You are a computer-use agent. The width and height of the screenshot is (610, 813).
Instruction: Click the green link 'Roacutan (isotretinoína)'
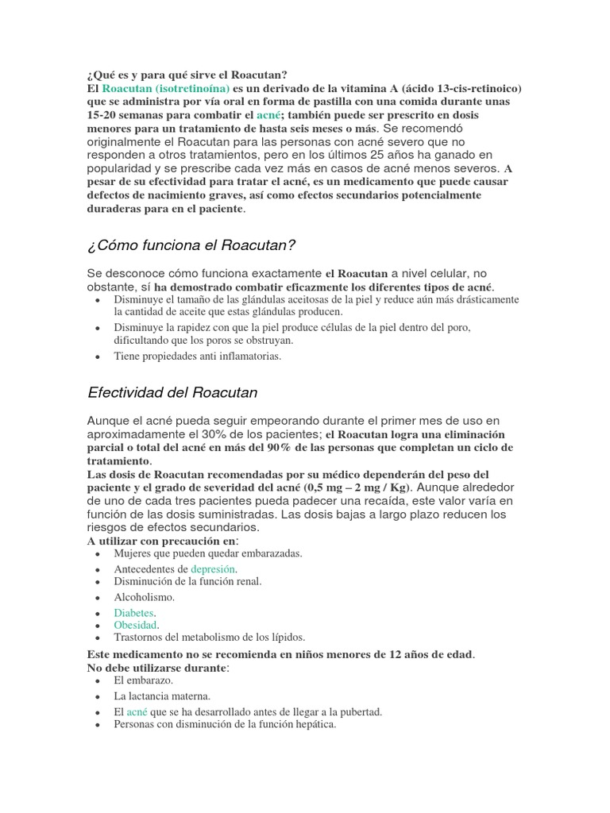(166, 88)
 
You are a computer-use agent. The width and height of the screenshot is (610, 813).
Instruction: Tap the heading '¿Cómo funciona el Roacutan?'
(191, 244)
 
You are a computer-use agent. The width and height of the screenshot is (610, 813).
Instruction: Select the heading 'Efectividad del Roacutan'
(172, 392)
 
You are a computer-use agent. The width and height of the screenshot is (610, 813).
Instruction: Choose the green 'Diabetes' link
(133, 613)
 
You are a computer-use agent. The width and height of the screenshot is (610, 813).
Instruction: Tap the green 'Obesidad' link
(135, 625)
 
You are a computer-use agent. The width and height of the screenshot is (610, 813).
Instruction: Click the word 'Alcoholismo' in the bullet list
(144, 596)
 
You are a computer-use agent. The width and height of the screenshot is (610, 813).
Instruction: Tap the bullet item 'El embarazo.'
(143, 680)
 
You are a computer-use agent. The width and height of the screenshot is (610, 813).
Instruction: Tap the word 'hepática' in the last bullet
(315, 724)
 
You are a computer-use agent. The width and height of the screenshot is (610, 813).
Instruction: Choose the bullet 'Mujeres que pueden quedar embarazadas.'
(208, 553)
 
